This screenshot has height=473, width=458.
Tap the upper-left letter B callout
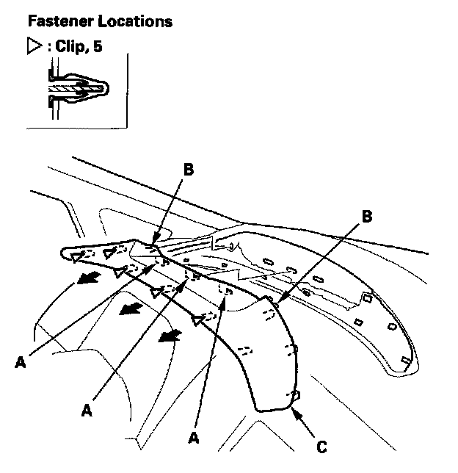(188, 170)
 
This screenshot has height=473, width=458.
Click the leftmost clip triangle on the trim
(76, 256)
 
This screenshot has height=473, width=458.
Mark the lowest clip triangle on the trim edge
(196, 319)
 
